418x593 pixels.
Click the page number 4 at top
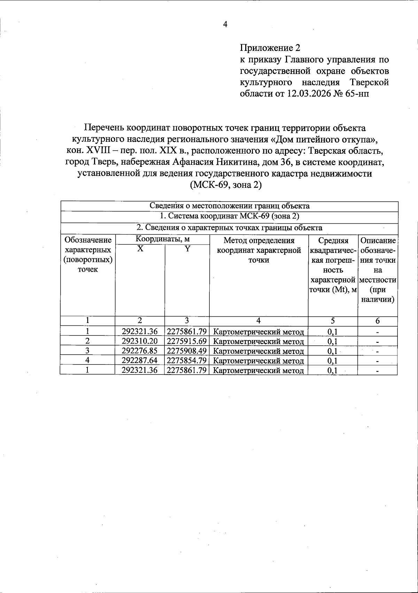[225, 24]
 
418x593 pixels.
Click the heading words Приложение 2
[270, 48]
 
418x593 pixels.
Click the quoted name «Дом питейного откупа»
[324, 140]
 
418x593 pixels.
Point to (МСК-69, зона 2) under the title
[225, 185]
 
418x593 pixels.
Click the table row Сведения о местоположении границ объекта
[229, 206]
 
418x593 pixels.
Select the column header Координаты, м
[162, 239]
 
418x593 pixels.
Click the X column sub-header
[140, 249]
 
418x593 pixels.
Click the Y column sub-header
[187, 249]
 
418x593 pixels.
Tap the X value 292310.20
[140, 341]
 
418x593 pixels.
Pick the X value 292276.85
[140, 351]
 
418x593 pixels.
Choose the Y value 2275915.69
[187, 341]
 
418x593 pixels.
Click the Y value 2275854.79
[187, 361]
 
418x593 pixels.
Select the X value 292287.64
[140, 361]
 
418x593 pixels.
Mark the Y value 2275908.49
[187, 351]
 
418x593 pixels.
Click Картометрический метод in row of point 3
[258, 351]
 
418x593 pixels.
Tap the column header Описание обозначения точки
[378, 270]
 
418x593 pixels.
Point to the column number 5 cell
[333, 321]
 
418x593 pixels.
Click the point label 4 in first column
[88, 361]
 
